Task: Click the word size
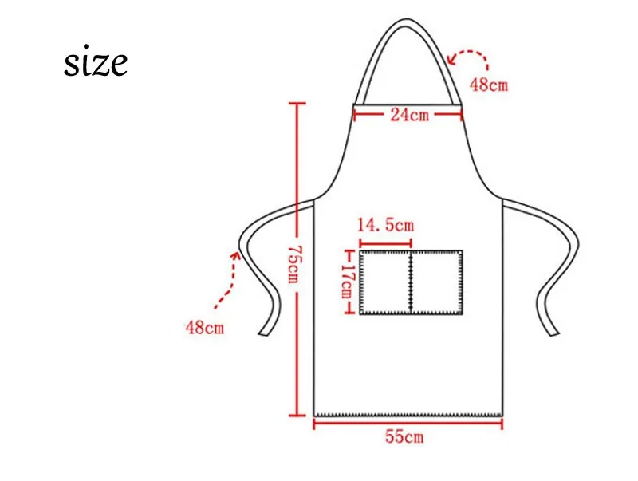(x=96, y=63)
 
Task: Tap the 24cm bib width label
(x=409, y=115)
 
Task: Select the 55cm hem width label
(x=404, y=437)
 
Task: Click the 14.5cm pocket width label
(x=385, y=225)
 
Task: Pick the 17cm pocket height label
(x=346, y=281)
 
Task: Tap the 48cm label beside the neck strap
(x=489, y=85)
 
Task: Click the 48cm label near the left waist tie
(x=205, y=327)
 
